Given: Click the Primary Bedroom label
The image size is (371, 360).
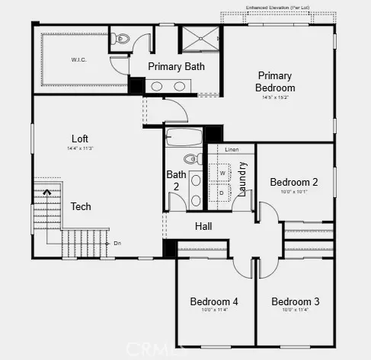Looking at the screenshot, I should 276,81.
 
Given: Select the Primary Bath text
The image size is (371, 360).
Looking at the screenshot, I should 176,66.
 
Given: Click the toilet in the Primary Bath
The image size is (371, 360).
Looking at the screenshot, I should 120,39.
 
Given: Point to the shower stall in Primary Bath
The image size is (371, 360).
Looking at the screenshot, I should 197,37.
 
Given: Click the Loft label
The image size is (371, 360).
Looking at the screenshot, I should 80,139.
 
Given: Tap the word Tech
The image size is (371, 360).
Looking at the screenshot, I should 81,206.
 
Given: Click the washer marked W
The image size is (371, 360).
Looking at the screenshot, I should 222,172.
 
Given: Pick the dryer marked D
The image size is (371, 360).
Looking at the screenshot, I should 222,193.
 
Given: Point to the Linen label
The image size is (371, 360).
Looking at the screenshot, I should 232,150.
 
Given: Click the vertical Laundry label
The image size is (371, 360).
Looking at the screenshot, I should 242,180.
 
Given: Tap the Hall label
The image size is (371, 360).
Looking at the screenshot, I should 203,226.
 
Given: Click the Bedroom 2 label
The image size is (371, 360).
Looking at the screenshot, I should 293,182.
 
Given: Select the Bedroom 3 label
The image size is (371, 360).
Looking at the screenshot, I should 295,301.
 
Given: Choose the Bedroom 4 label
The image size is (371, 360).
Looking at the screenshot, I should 214,301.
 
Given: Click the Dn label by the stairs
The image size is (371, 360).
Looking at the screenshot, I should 117,243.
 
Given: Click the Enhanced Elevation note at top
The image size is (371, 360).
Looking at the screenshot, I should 277,7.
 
